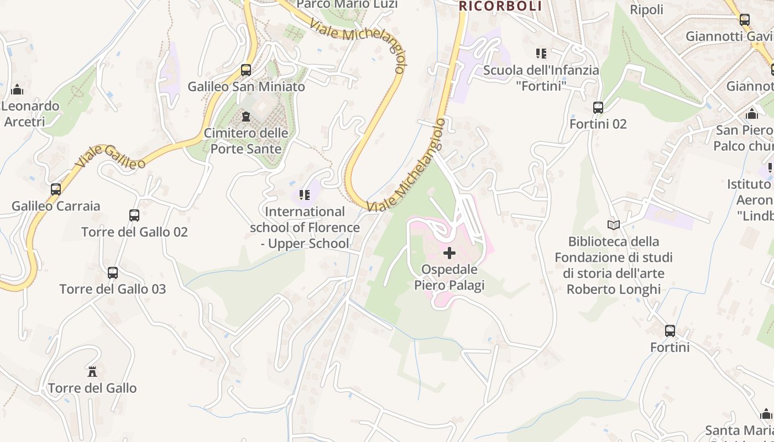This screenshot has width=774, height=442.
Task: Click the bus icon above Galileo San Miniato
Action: [x=246, y=70]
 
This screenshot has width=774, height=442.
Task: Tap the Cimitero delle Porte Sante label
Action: [x=246, y=141]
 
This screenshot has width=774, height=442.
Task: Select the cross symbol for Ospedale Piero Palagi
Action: [x=449, y=253]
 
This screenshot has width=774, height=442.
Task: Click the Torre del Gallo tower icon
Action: [x=92, y=371]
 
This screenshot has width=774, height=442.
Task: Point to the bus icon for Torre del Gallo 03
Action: [x=113, y=272]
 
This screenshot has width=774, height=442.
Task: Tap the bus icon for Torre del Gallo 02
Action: [x=134, y=215]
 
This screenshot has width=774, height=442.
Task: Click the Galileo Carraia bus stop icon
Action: [x=56, y=190]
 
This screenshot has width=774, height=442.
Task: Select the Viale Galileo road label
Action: [x=111, y=154]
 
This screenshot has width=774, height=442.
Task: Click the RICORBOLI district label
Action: [x=500, y=6]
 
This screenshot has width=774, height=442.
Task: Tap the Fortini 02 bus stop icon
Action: [x=598, y=107]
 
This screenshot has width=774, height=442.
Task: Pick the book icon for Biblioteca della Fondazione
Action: [x=613, y=225]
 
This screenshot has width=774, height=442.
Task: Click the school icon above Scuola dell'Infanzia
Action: [x=541, y=54]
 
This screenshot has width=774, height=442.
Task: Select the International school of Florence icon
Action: [x=304, y=194]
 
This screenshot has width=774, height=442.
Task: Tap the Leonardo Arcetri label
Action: [x=30, y=113]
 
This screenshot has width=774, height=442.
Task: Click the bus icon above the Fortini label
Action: [x=670, y=331]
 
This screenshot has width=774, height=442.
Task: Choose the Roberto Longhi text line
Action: [x=614, y=289]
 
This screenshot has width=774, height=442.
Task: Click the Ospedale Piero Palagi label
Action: [x=449, y=277]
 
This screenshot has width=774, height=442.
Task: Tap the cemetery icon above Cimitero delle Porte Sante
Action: [x=246, y=117]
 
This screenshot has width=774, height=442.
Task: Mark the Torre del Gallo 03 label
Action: [x=113, y=289]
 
